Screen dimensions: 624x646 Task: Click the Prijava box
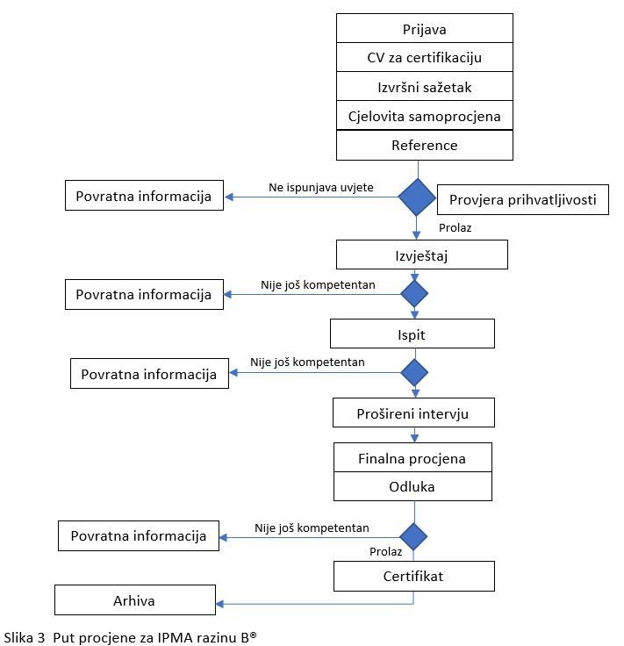[424, 28]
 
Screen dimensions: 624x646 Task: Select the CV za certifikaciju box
[424, 57]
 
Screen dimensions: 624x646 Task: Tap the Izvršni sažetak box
[424, 86]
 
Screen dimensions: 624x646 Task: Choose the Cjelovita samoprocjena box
[424, 115]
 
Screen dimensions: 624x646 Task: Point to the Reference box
[424, 145]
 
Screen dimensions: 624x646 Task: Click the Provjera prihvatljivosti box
[523, 199]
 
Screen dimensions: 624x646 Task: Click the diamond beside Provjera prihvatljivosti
[417, 197]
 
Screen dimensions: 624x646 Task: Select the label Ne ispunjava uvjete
[321, 188]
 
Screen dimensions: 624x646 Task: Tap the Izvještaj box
[422, 255]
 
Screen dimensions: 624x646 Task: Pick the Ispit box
[412, 334]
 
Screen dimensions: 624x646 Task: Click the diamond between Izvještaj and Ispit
[414, 294]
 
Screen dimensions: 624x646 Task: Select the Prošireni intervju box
[413, 413]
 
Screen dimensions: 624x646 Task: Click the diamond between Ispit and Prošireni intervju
[414, 372]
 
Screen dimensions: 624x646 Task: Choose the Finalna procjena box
[412, 457]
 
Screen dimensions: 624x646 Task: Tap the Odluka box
[412, 486]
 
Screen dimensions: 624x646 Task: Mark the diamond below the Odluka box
[413, 537]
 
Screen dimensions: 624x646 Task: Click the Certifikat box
[414, 576]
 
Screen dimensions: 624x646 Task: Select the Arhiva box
[135, 599]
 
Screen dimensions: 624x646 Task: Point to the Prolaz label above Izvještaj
[455, 228]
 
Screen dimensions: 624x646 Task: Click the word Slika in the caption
[19, 637]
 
